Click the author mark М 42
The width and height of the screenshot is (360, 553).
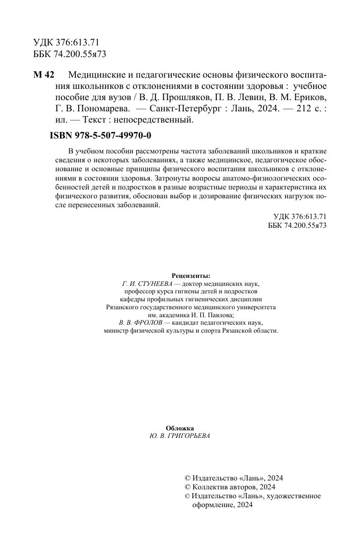[x=44, y=76]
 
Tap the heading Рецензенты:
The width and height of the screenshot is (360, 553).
[x=191, y=276]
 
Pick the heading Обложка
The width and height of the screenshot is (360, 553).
[x=180, y=428]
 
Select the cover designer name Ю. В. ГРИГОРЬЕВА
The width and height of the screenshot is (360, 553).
[x=180, y=436]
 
